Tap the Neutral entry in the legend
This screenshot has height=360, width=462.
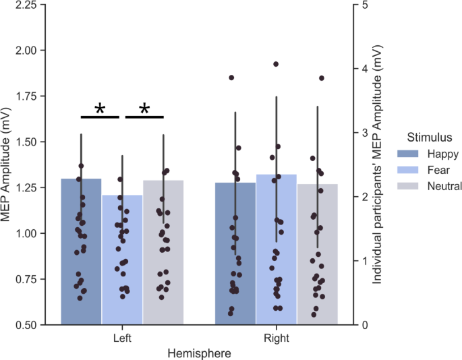[x=443, y=186]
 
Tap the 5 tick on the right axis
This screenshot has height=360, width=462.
[x=365, y=5]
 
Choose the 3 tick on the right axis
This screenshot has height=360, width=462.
[x=365, y=133]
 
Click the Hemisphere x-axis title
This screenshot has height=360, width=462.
[x=199, y=353]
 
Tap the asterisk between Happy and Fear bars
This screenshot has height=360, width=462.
[x=100, y=109]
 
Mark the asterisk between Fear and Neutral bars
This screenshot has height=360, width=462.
[x=144, y=109]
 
